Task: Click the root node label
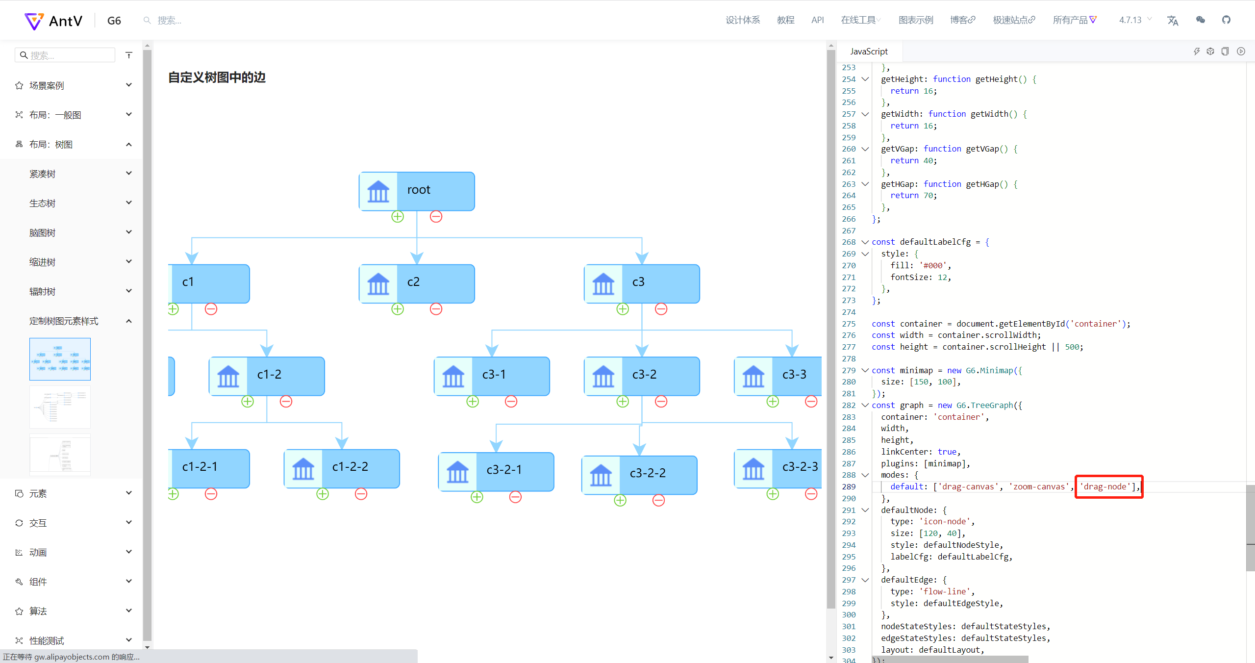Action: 419,190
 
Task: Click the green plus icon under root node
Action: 398,216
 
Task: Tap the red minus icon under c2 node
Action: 436,309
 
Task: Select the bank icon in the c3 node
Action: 603,283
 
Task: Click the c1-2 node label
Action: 269,375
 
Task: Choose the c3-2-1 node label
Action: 504,470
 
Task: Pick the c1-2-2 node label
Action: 350,467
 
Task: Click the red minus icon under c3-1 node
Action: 511,402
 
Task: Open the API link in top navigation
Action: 817,20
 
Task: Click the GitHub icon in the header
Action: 1226,20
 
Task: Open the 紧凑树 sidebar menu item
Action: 42,174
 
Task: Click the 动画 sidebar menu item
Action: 38,553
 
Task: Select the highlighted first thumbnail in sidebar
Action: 60,359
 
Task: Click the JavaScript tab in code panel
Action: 869,51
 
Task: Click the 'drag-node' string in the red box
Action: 1105,486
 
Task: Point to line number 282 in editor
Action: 849,405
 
